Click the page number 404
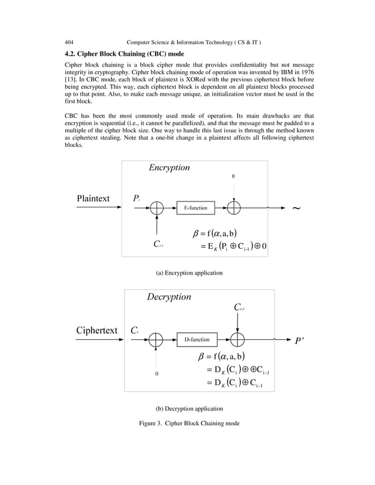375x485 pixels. coord(69,42)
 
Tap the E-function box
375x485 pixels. coord(196,208)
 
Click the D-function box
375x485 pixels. coord(197,339)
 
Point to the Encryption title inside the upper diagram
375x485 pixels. coord(169,168)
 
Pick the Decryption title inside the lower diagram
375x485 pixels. coord(169,297)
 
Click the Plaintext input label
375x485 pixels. coord(93,198)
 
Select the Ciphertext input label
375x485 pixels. coord(96,329)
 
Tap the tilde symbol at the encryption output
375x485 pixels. coord(296,208)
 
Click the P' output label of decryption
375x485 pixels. coord(300,340)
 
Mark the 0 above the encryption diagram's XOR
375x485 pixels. coord(233,176)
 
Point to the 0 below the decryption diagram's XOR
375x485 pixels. coord(156,373)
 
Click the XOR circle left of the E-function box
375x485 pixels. coord(157,208)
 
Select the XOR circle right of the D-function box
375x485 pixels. coord(237,339)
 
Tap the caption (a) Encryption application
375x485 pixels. coord(189,273)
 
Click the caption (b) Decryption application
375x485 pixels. coord(188,408)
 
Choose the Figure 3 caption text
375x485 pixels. coord(188,423)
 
